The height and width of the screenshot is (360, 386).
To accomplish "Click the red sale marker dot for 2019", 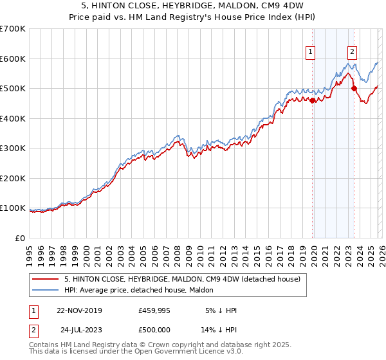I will coord(313,100).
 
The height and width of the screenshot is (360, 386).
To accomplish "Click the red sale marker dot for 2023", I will coord(354,88).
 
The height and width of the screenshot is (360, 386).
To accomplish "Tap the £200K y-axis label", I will coord(13,178).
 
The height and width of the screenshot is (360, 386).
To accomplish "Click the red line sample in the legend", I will coord(45,279).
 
